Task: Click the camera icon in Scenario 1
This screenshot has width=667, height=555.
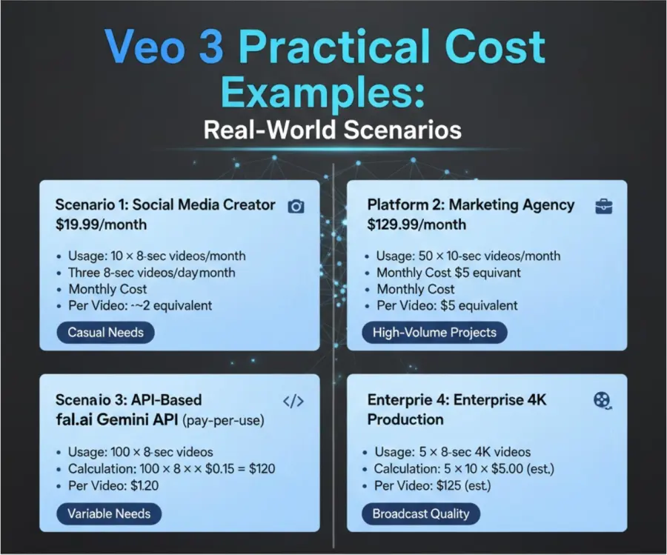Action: pyautogui.click(x=296, y=206)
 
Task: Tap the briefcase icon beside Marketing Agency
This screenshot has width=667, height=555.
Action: pyautogui.click(x=603, y=206)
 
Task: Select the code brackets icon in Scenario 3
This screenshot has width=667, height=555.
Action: pyautogui.click(x=294, y=402)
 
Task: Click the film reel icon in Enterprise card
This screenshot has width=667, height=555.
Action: pyautogui.click(x=603, y=401)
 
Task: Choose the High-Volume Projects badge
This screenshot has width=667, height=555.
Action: pyautogui.click(x=434, y=332)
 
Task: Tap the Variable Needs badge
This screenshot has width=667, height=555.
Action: pyautogui.click(x=109, y=514)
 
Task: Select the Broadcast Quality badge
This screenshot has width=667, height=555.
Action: pyautogui.click(x=420, y=514)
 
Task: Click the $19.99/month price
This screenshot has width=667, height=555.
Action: pyautogui.click(x=101, y=224)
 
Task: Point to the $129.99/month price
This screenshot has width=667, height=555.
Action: pyautogui.click(x=417, y=224)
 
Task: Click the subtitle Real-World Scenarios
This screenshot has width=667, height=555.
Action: pyautogui.click(x=332, y=130)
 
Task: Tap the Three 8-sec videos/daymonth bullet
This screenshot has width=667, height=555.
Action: pyautogui.click(x=152, y=273)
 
